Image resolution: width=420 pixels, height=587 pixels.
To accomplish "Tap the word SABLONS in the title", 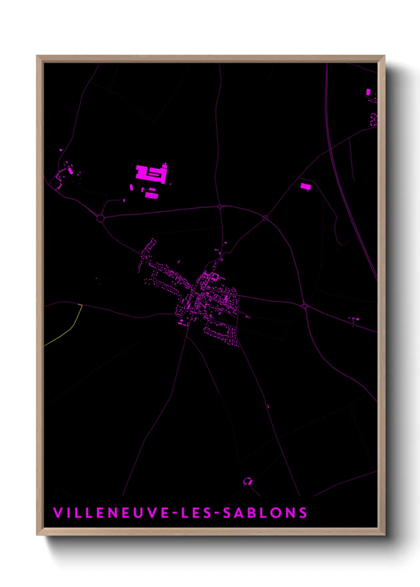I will pyautogui.click(x=265, y=513).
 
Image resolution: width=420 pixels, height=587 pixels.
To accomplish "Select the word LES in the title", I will pyautogui.click(x=194, y=513).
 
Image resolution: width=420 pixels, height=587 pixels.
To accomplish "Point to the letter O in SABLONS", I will pyautogui.click(x=278, y=513).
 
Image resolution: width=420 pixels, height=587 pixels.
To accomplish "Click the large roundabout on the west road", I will pyautogui.click(x=100, y=218).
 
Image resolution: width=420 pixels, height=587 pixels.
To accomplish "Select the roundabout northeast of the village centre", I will pyautogui.click(x=265, y=218).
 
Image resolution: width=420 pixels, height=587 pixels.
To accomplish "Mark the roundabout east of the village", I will pyautogui.click(x=304, y=306).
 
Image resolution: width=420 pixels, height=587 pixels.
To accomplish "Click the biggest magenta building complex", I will pyautogui.click(x=151, y=174).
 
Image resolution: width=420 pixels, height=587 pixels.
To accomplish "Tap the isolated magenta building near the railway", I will pyautogui.click(x=305, y=186).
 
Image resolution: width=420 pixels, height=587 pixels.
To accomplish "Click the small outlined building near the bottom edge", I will pyautogui.click(x=248, y=481).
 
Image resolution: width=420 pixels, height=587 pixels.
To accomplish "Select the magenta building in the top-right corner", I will pyautogui.click(x=368, y=92).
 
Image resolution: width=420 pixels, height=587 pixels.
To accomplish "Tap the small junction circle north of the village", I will pyautogui.click(x=220, y=206).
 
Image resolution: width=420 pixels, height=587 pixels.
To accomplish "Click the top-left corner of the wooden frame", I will pyautogui.click(x=37, y=56).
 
